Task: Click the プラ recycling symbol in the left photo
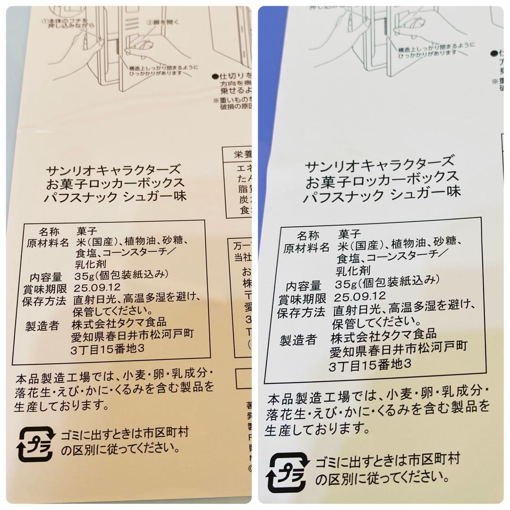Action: [x=35, y=443]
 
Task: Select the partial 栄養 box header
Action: [x=240, y=154]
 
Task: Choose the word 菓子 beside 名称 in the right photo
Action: [x=349, y=233]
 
